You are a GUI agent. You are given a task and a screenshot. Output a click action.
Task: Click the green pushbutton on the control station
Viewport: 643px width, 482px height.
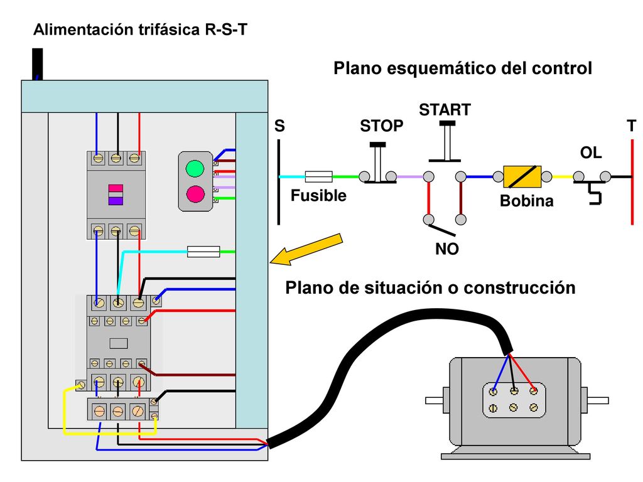coord(195,168)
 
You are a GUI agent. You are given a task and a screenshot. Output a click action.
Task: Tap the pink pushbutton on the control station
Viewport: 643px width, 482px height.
coord(195,194)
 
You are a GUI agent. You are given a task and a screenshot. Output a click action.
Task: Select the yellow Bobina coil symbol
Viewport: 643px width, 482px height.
coord(522,176)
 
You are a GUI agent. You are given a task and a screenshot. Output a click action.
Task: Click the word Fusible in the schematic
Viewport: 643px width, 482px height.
coord(318,196)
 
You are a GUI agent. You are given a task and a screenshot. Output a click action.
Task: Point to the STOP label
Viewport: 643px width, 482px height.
coord(381,126)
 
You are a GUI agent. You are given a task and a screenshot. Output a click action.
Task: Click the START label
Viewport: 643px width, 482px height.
coord(445,110)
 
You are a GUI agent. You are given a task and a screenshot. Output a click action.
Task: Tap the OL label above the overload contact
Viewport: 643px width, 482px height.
coord(591,153)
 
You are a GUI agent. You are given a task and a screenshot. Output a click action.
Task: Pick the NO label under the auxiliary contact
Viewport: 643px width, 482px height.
coord(446,249)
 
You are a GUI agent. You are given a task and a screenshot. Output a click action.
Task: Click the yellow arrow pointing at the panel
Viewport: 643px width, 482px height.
coord(306,249)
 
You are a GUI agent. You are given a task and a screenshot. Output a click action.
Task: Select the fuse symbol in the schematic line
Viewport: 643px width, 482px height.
coord(318,176)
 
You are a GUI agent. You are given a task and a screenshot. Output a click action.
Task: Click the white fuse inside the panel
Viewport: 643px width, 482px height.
coord(203,251)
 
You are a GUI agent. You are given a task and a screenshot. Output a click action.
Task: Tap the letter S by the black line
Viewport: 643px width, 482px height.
coord(279,126)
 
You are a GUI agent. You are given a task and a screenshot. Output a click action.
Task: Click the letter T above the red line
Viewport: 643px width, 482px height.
coord(632,126)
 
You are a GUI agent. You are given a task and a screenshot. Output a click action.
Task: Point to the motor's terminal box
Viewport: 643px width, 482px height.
coord(514,400)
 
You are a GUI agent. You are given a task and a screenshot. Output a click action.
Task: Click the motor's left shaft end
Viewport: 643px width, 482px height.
coord(434,400)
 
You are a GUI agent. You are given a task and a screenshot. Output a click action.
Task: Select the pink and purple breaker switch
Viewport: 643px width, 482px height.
coord(116,195)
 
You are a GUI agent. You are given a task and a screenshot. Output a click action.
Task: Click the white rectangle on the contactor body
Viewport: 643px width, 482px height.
coord(119,343)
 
